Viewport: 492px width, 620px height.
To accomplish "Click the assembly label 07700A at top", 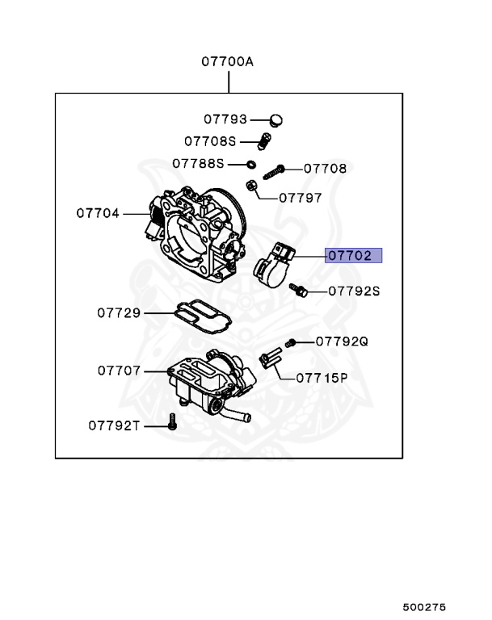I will pos(228,61).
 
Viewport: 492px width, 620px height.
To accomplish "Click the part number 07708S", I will pos(209,141).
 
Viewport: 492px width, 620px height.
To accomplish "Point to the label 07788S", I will pos(197,163).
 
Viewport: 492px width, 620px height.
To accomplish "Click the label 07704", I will pos(98,214).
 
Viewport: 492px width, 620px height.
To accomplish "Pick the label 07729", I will pos(119,312).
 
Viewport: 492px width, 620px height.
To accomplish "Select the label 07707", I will pos(119,371).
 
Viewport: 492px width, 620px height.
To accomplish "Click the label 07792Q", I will pos(341,341).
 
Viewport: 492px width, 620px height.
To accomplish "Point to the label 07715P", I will pos(321,377).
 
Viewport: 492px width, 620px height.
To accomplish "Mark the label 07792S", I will pos(353,290).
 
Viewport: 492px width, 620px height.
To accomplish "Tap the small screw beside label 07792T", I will pos(171,420).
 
